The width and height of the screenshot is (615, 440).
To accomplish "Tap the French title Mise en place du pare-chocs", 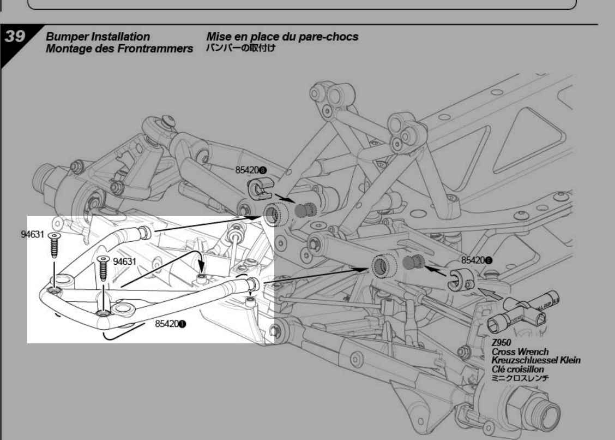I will (282, 37).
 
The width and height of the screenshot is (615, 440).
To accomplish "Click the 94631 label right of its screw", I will (124, 261).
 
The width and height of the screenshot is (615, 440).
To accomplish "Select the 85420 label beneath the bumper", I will (171, 324).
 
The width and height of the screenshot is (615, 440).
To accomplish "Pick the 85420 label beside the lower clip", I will (477, 261).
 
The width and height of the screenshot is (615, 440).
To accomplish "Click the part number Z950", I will (501, 343).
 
